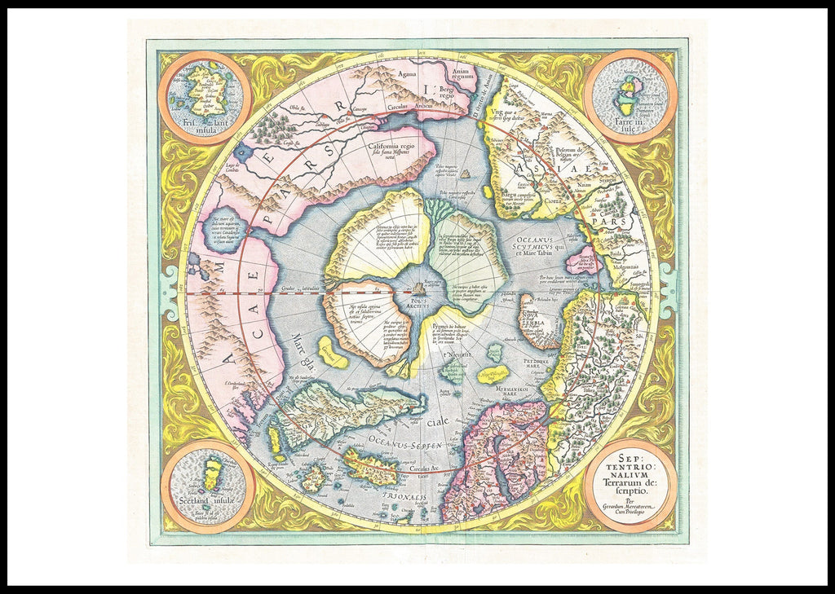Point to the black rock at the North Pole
pyautogui.click(x=420, y=287)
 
